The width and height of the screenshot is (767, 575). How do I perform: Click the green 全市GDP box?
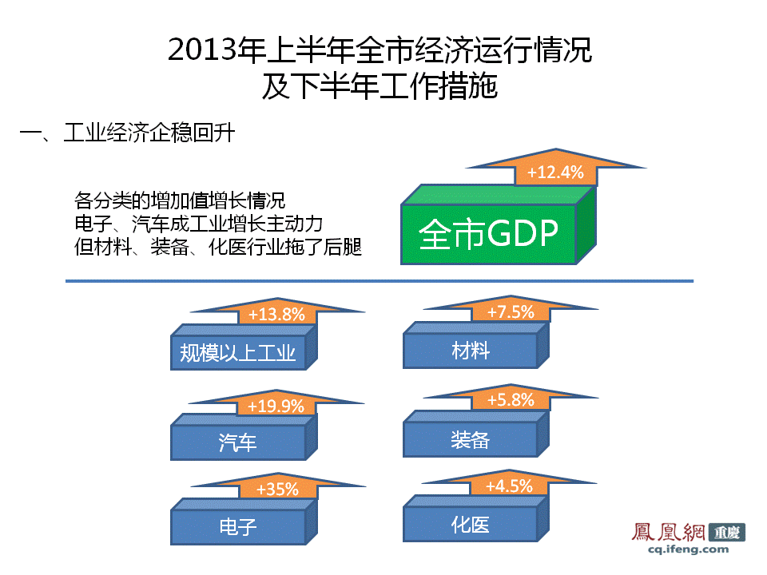coord(498,225)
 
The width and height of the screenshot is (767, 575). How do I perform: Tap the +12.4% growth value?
coord(555,172)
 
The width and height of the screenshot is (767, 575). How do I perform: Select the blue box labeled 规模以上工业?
coord(244,347)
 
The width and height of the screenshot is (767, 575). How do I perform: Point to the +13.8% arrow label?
coord(277,314)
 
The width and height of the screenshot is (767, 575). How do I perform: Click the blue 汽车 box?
coord(244,437)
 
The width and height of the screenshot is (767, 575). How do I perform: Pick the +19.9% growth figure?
coord(276,406)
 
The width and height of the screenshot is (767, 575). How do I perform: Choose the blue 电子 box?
coord(244,521)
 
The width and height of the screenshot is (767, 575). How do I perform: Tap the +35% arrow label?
coord(277,489)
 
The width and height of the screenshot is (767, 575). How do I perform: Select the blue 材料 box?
coord(476,345)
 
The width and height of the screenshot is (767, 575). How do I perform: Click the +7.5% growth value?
coord(511,311)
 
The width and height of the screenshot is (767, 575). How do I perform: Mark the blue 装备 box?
coord(476,434)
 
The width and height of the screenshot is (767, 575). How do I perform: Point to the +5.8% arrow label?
coord(511,399)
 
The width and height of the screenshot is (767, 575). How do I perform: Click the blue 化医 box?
coord(476,518)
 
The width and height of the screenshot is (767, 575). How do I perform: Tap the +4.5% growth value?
coord(509,486)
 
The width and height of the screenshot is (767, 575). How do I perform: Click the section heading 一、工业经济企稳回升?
coord(127,133)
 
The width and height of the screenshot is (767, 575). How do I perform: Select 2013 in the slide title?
coord(202,50)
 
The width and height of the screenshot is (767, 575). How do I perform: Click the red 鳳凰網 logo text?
coord(668,532)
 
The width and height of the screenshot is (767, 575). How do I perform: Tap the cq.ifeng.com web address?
coord(688,549)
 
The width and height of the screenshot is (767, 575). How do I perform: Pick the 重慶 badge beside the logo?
coord(727,532)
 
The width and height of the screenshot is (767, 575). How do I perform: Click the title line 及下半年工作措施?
coord(380,86)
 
